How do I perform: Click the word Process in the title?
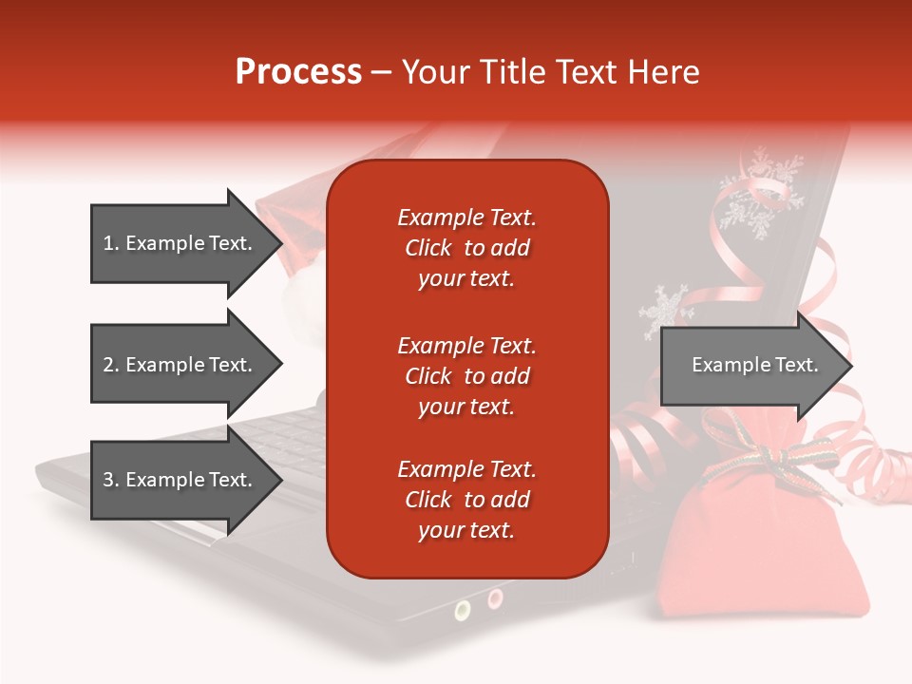click(298, 72)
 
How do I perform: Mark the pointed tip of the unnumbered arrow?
click(849, 366)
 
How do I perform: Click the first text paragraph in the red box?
click(466, 248)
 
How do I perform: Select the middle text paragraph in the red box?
click(466, 376)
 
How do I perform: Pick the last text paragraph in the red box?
click(466, 500)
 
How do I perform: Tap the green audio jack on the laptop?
click(463, 610)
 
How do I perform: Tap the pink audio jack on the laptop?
click(495, 598)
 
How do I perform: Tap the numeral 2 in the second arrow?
click(108, 365)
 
